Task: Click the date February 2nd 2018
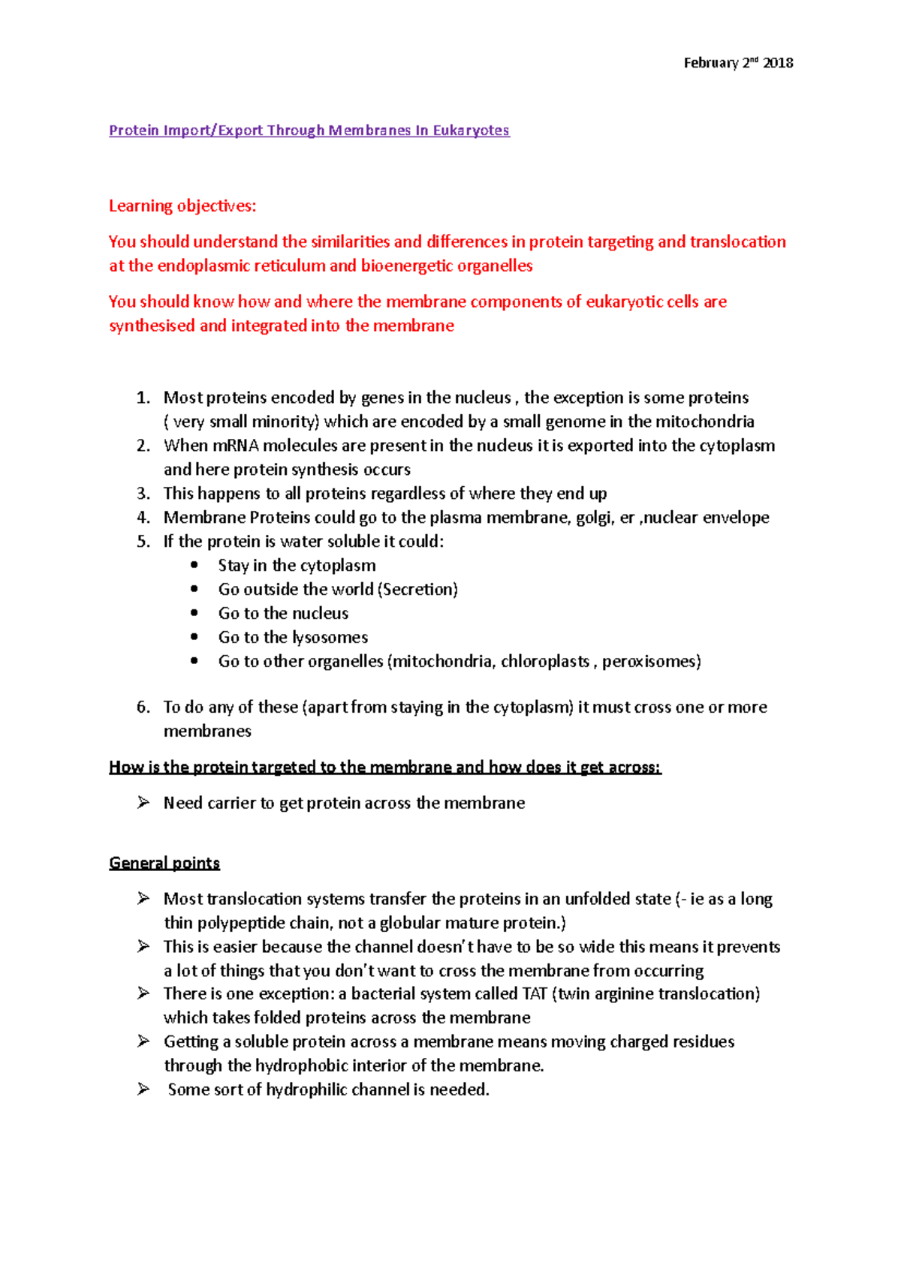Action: (738, 63)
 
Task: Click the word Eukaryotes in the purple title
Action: (471, 131)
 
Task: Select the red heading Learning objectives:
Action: (182, 206)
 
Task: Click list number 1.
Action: (143, 398)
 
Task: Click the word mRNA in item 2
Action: (236, 446)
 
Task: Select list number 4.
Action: (143, 518)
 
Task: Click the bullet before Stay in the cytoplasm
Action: (195, 565)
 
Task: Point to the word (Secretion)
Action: (418, 590)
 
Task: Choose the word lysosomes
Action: (330, 638)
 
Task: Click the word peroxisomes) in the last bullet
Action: (651, 662)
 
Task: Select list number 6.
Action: (143, 708)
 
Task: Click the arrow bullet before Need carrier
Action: (143, 803)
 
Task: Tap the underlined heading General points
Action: (164, 863)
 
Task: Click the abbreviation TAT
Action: (534, 994)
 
